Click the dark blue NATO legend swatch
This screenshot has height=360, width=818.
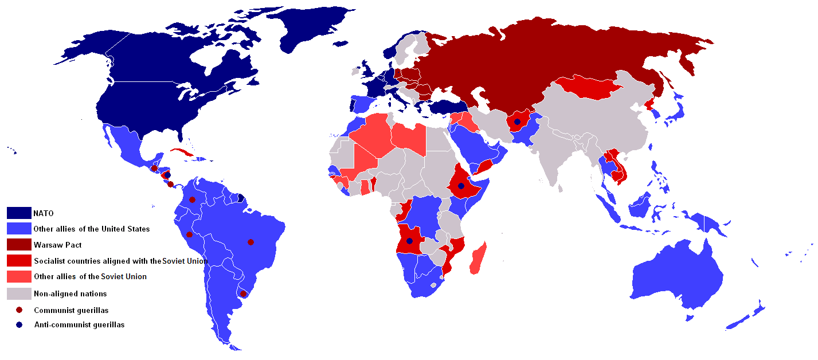19,213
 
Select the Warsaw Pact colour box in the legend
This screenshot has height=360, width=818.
19,245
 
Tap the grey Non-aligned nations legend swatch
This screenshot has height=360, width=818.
19,294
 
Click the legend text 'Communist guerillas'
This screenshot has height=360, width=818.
71,310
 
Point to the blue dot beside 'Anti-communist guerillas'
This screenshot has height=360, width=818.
19,324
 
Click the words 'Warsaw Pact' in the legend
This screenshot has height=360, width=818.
57,245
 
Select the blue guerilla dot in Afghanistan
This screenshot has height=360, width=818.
517,122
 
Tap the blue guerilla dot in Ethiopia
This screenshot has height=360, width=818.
461,186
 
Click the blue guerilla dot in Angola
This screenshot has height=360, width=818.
409,241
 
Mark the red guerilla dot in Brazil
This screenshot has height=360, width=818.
250,242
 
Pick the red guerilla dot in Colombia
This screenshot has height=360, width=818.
192,200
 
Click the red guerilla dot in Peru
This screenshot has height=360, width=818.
189,234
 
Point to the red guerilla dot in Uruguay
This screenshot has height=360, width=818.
243,294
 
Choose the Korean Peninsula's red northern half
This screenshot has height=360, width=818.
650,104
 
